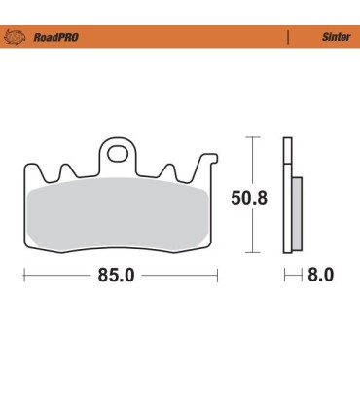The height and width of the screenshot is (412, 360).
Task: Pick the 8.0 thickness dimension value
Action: [321, 276]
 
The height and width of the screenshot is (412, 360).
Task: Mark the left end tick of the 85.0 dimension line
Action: [23, 276]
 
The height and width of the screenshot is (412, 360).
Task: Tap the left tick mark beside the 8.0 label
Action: [285, 276]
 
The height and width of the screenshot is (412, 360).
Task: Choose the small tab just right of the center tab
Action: [168, 171]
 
